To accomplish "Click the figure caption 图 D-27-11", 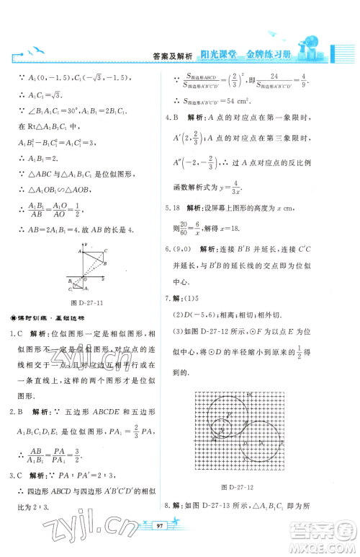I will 89,304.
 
